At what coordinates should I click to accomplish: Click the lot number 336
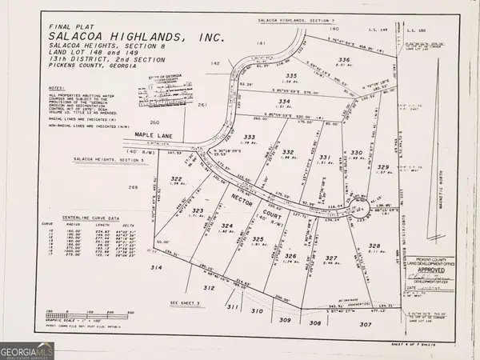[343, 60]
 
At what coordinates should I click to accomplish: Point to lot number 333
[250, 138]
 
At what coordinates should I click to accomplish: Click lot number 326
[290, 256]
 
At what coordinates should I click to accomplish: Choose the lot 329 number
[382, 166]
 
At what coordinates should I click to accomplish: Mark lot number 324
[227, 226]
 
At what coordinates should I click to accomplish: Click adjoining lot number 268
[133, 187]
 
